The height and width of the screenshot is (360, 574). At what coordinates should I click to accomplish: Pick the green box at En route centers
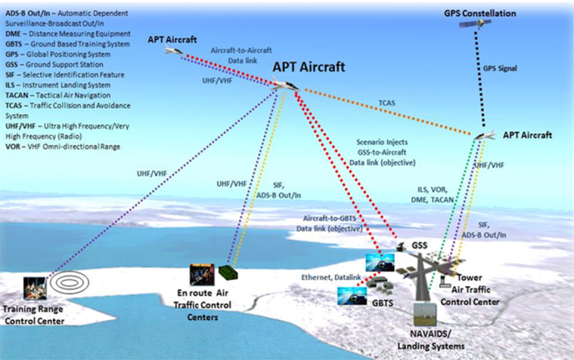[x=228, y=272]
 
